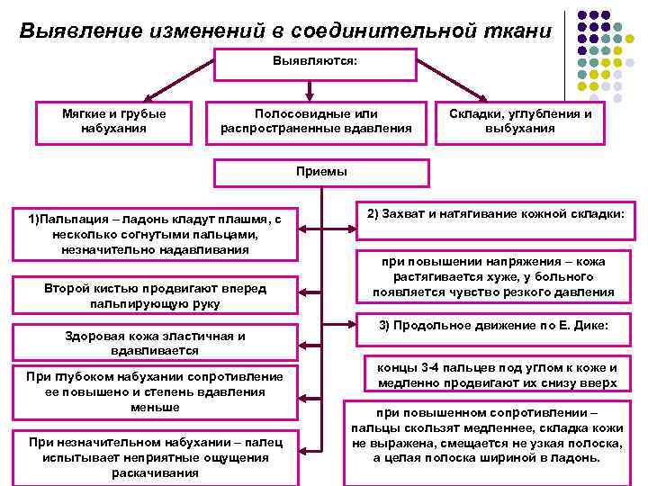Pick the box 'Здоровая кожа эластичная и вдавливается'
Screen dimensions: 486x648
[155, 343]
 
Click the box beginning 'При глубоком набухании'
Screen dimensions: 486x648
[155, 391]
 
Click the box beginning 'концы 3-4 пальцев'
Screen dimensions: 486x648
[498, 375]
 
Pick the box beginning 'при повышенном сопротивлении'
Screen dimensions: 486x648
[487, 436]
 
